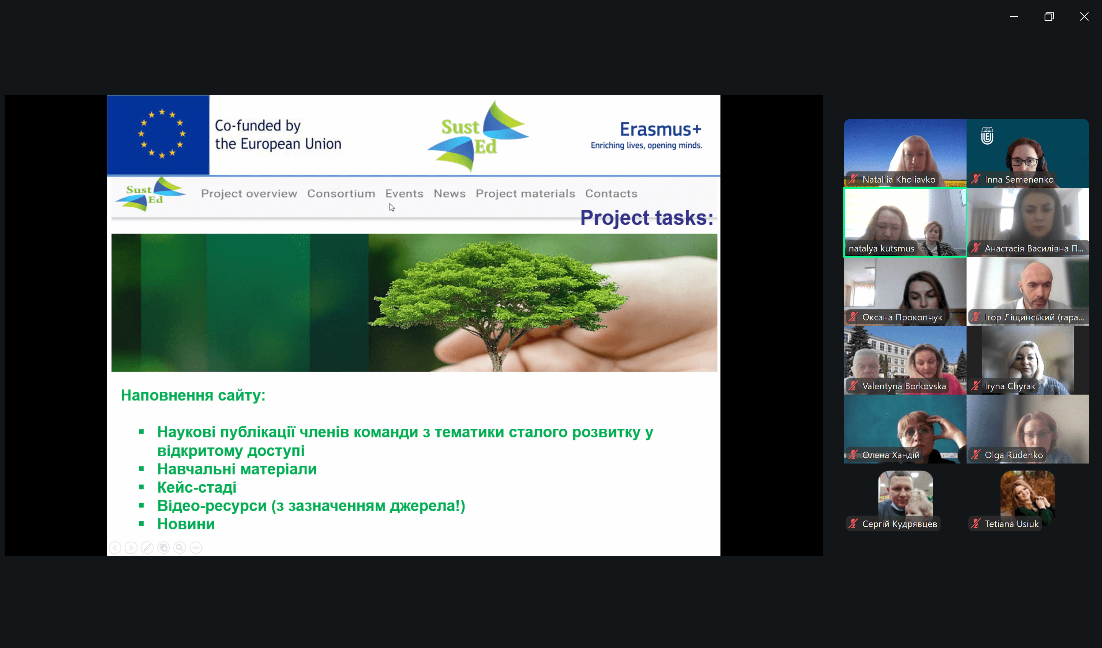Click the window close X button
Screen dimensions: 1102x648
tap(1084, 16)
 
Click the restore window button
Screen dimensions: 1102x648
tap(1049, 16)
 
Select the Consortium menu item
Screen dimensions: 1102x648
tap(341, 193)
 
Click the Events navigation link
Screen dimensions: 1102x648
tap(404, 193)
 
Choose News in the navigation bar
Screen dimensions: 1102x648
tap(450, 193)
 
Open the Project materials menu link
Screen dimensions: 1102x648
tap(525, 193)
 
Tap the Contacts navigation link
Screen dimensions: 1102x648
tap(611, 193)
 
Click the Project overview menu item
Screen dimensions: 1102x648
tap(249, 193)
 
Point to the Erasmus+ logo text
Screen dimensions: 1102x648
tap(660, 129)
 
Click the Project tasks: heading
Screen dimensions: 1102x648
tap(646, 217)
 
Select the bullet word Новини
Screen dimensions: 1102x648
tap(186, 524)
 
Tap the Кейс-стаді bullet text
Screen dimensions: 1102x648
tap(197, 487)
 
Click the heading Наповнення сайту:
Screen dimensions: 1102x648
tap(193, 395)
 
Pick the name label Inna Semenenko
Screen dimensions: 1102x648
tap(1019, 180)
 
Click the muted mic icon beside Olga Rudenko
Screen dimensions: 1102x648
tap(975, 455)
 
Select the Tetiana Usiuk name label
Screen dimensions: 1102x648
tap(1011, 524)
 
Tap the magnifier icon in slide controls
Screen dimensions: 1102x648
tap(180, 547)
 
